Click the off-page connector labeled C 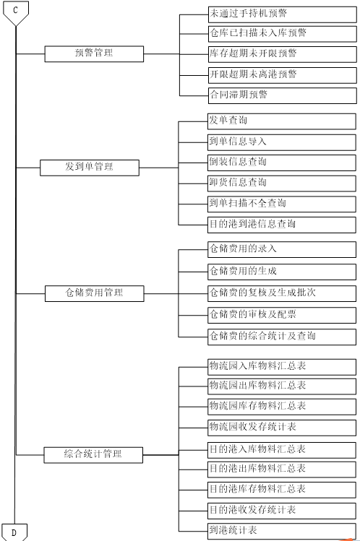[x=15, y=13]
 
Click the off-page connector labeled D [x=14, y=532]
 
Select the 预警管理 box [x=94, y=54]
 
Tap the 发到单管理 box [x=90, y=168]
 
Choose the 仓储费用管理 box [x=94, y=294]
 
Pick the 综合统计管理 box [x=93, y=455]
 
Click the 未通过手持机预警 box [x=283, y=14]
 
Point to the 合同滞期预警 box [x=283, y=95]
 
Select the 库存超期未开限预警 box [x=283, y=54]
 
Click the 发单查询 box [x=282, y=121]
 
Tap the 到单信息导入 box [x=282, y=142]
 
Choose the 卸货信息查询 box [x=282, y=183]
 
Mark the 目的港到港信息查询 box [x=282, y=225]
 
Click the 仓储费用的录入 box [x=282, y=249]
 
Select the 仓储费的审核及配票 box [x=282, y=315]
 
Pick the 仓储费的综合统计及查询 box [x=282, y=337]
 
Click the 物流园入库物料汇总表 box [x=282, y=367]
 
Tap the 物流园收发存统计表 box [x=282, y=428]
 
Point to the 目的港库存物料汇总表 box [x=282, y=490]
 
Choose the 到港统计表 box [x=282, y=532]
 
